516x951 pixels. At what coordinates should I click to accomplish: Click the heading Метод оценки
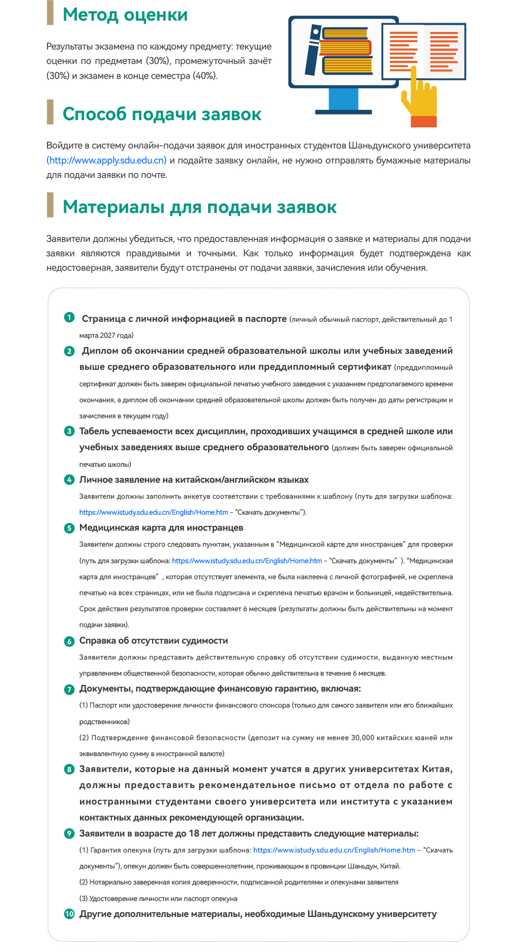coord(125,15)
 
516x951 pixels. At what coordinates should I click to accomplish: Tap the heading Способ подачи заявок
coord(162,114)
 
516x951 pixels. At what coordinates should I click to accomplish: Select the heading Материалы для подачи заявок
coord(200,207)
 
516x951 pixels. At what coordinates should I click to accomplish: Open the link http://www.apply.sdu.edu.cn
coord(107,160)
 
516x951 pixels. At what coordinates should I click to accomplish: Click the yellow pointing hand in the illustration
coord(420,98)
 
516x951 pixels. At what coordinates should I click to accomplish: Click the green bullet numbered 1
coord(69,317)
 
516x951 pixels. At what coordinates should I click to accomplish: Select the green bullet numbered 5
coord(69,528)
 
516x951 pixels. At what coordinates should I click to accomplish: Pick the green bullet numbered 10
coord(69,914)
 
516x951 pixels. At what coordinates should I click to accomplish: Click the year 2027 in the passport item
coord(107,335)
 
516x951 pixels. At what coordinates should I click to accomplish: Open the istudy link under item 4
coord(153,512)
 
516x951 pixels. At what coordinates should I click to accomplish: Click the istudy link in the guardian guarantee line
coord(334,850)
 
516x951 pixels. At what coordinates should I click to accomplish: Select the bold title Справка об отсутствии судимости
coord(153,641)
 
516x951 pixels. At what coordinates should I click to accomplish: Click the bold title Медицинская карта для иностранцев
coord(161,528)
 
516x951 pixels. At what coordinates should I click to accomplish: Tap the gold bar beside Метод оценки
coord(50,13)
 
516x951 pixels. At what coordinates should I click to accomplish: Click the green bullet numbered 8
coord(69,770)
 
